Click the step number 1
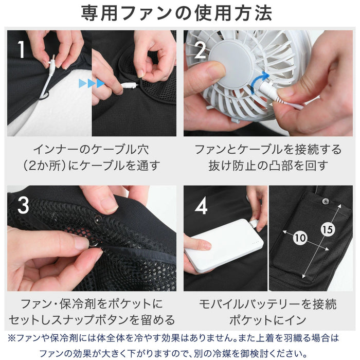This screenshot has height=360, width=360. click(21, 49)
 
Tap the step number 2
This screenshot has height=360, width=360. click(200, 49)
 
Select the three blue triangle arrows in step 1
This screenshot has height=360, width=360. click(91, 83)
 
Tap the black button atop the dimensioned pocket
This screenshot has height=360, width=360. click(325, 200)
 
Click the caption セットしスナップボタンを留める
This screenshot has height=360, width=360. click(91, 319)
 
